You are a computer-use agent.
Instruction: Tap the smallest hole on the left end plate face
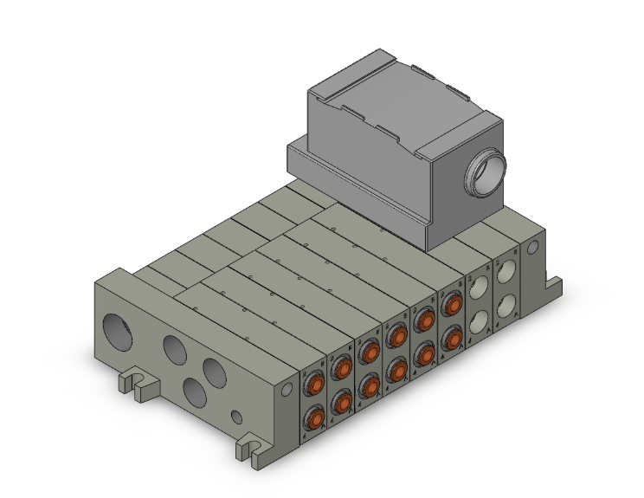[236, 418]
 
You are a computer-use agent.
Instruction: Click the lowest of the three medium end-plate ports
[196, 394]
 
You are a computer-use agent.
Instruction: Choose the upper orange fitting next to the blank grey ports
[450, 304]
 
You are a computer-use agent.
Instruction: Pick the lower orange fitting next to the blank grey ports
[450, 336]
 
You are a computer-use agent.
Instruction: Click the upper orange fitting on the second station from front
[341, 367]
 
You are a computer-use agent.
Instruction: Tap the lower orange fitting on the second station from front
[341, 401]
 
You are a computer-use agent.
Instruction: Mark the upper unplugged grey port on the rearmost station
[506, 273]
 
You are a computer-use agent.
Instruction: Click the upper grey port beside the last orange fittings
[479, 288]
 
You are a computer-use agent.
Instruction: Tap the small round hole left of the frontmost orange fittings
[287, 391]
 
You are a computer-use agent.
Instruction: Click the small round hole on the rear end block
[532, 247]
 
